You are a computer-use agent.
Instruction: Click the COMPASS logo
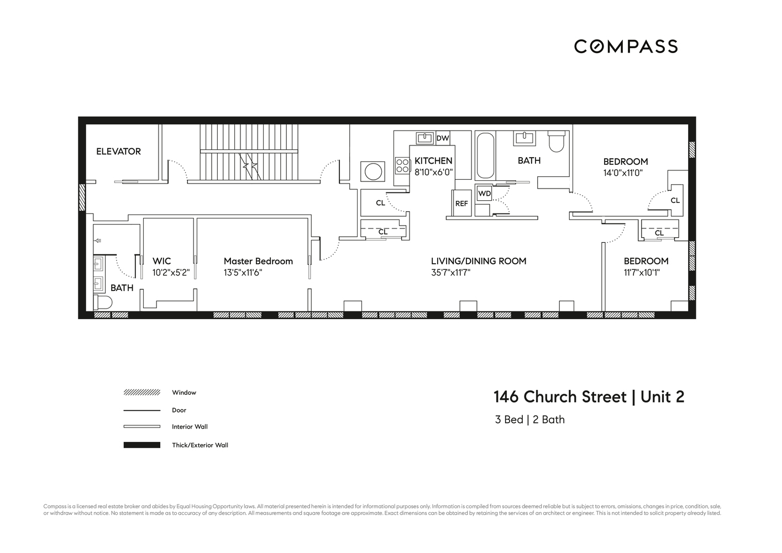pos(626,46)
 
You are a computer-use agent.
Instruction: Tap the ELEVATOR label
pos(118,152)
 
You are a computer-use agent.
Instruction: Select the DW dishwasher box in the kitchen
pos(443,138)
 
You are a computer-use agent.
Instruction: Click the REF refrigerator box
pos(461,204)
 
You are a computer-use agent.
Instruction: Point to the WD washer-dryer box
pos(484,194)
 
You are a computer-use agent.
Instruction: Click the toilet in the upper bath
pos(556,142)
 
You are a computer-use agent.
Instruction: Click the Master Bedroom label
pos(258,261)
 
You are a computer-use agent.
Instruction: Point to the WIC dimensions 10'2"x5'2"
pos(171,273)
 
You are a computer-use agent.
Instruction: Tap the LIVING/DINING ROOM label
pos(479,261)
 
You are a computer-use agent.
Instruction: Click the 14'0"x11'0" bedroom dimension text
pos(623,173)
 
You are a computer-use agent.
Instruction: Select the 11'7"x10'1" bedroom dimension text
pos(642,273)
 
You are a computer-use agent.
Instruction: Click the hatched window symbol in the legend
pos(141,393)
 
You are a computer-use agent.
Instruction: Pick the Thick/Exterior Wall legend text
pos(200,445)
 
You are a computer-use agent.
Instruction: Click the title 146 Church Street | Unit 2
pos(589,397)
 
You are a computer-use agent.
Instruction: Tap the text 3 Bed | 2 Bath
pos(530,420)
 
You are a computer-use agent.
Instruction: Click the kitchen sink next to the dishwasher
pos(424,138)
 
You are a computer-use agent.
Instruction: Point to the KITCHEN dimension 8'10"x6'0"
pos(434,172)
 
